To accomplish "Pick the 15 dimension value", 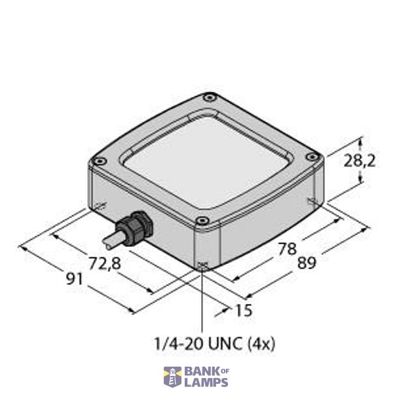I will pyautogui.click(x=243, y=310).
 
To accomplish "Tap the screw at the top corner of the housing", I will pyautogui.click(x=208, y=98).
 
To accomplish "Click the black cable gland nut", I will pyautogui.click(x=139, y=225).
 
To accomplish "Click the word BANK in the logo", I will pyautogui.click(x=200, y=371).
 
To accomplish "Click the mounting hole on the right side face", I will pyautogui.click(x=312, y=200).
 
